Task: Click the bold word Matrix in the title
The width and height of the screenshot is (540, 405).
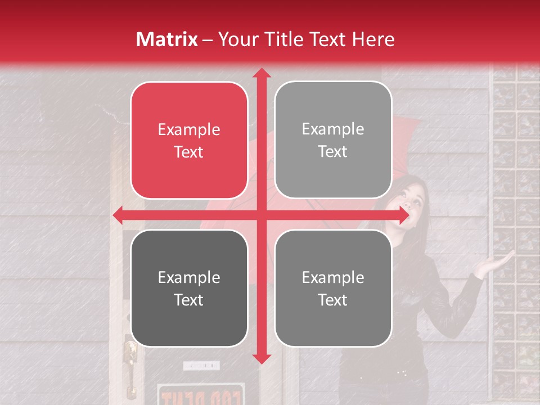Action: tap(166, 39)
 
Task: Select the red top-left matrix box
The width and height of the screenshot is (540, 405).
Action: tap(189, 140)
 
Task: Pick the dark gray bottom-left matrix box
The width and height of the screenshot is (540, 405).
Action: tap(189, 288)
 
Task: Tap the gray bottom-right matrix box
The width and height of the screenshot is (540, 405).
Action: tap(333, 288)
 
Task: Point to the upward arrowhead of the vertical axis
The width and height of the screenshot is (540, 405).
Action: tap(261, 73)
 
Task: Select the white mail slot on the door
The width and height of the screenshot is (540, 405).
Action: tap(201, 366)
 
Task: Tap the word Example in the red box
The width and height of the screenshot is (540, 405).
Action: tap(189, 130)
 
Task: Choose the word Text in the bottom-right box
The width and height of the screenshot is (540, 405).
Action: tap(333, 300)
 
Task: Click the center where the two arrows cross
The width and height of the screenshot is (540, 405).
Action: tap(261, 215)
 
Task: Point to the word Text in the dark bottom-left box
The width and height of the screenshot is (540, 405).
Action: tap(189, 300)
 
